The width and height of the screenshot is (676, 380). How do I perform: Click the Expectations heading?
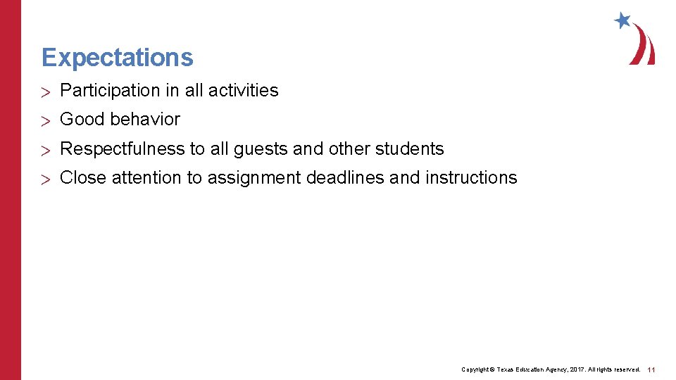pos(117,58)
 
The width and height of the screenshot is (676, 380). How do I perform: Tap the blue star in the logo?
pos(622,20)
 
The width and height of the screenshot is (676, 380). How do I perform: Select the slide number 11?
pos(651,369)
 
